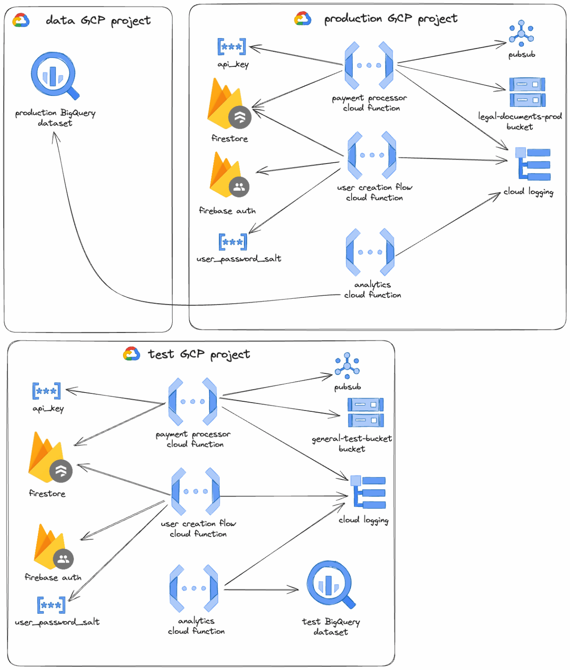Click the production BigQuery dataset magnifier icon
(54, 75)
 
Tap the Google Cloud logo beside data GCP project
(20, 20)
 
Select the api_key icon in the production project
(232, 47)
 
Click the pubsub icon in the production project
(521, 33)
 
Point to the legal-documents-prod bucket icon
(527, 92)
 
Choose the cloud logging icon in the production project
(532, 164)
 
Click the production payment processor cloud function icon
(369, 65)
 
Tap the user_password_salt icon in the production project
(232, 242)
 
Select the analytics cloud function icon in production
(370, 252)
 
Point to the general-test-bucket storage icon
(365, 412)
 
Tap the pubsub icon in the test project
(347, 366)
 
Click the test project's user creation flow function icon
(195, 492)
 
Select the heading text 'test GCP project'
(199, 354)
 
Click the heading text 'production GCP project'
(391, 19)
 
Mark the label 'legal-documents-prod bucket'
(520, 122)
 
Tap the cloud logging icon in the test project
(368, 492)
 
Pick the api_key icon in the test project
(47, 391)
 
